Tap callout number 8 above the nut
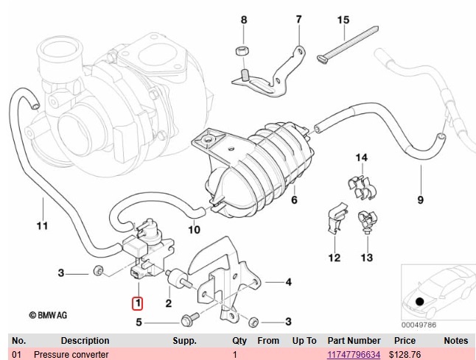click(244, 20)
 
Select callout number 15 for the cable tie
click(342, 20)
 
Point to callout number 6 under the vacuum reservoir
click(293, 200)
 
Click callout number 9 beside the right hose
click(421, 200)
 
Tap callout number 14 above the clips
click(361, 158)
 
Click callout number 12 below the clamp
click(334, 258)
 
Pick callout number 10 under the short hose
click(195, 230)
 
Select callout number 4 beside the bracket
click(288, 281)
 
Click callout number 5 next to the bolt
click(138, 322)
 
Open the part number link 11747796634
click(354, 355)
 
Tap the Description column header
click(85, 341)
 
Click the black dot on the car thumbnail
click(420, 300)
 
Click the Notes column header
click(456, 341)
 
